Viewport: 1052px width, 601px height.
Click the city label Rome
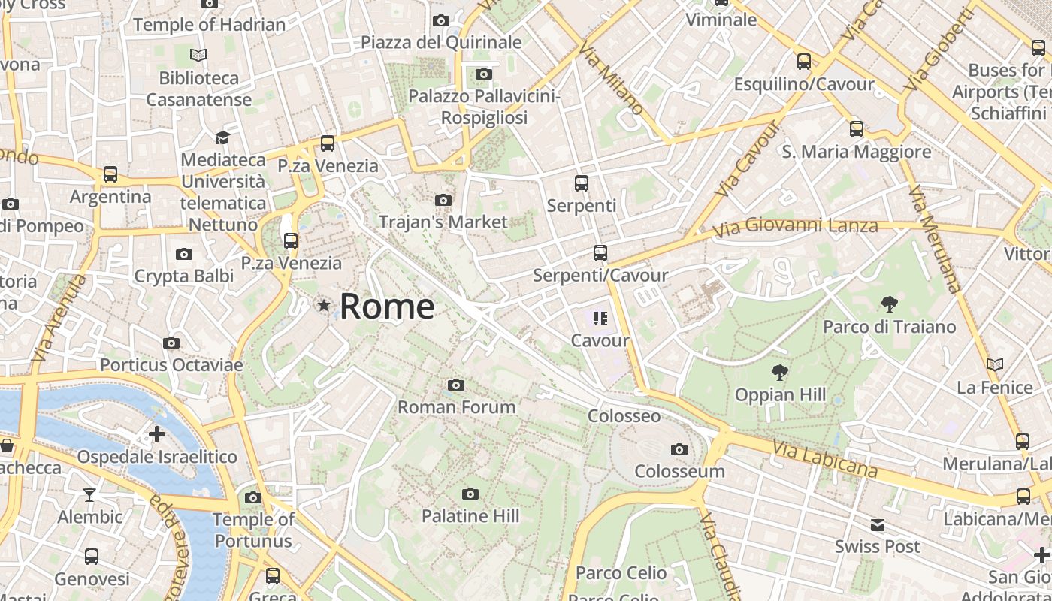(387, 307)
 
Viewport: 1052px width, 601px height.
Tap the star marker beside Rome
(324, 305)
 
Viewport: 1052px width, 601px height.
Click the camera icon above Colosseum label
(679, 449)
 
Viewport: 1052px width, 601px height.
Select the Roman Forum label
(456, 407)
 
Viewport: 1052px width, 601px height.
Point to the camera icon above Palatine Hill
(470, 494)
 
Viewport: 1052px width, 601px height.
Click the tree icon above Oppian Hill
(780, 372)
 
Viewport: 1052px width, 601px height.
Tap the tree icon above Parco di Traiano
(890, 304)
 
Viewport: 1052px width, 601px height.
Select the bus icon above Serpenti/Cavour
(600, 253)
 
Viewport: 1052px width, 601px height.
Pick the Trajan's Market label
(443, 222)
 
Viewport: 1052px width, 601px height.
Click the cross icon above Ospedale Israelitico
(157, 433)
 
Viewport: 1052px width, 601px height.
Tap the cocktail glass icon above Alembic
(89, 494)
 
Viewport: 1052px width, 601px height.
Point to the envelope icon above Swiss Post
(877, 524)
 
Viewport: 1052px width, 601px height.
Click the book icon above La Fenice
(995, 365)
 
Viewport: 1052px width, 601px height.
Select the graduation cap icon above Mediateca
(222, 137)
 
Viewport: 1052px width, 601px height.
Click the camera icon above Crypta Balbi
(183, 255)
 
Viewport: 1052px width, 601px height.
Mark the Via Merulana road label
(935, 239)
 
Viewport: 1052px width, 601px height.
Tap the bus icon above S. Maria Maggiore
(857, 129)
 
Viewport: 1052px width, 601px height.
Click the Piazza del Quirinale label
(441, 42)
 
